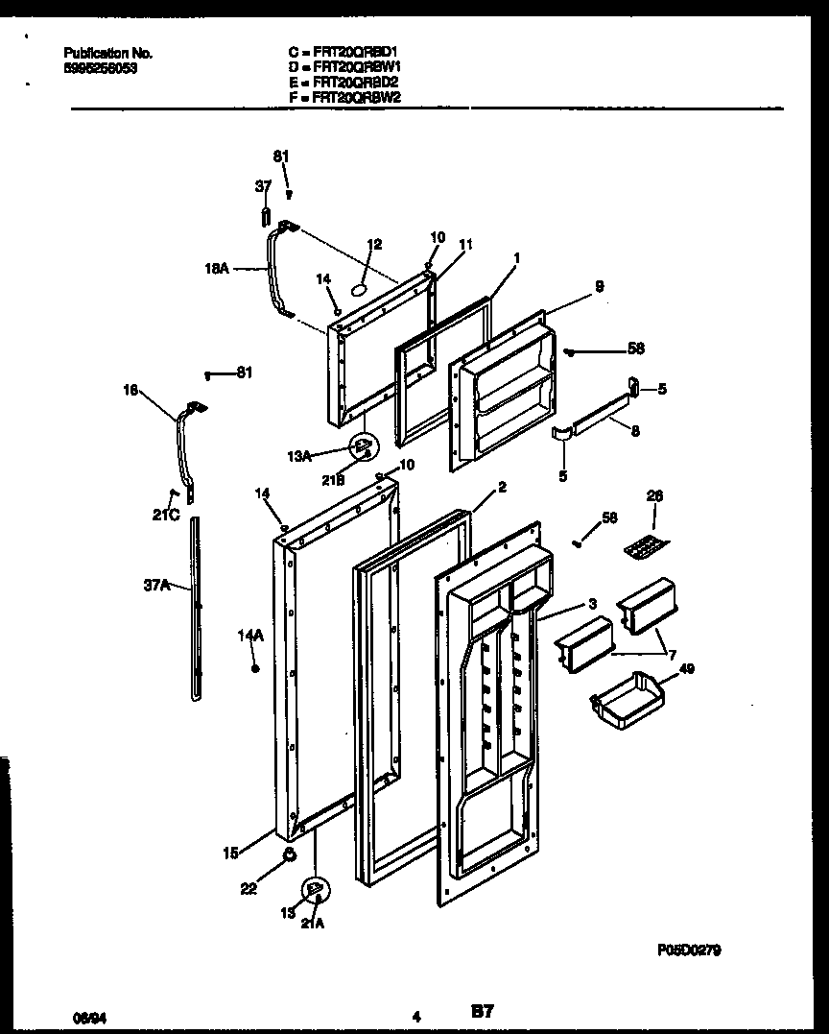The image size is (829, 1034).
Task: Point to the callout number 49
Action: pos(687,668)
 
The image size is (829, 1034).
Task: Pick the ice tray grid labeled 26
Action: pos(646,547)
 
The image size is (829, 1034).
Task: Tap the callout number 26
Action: pos(654,496)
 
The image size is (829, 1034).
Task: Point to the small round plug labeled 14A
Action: pos(254,668)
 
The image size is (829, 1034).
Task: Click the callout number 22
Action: pos(248,889)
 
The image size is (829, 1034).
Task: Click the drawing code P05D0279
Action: pos(689,950)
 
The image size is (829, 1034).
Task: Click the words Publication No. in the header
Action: pos(107,54)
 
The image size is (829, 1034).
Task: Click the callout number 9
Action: pos(599,286)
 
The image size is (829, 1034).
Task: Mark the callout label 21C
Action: pos(165,515)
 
